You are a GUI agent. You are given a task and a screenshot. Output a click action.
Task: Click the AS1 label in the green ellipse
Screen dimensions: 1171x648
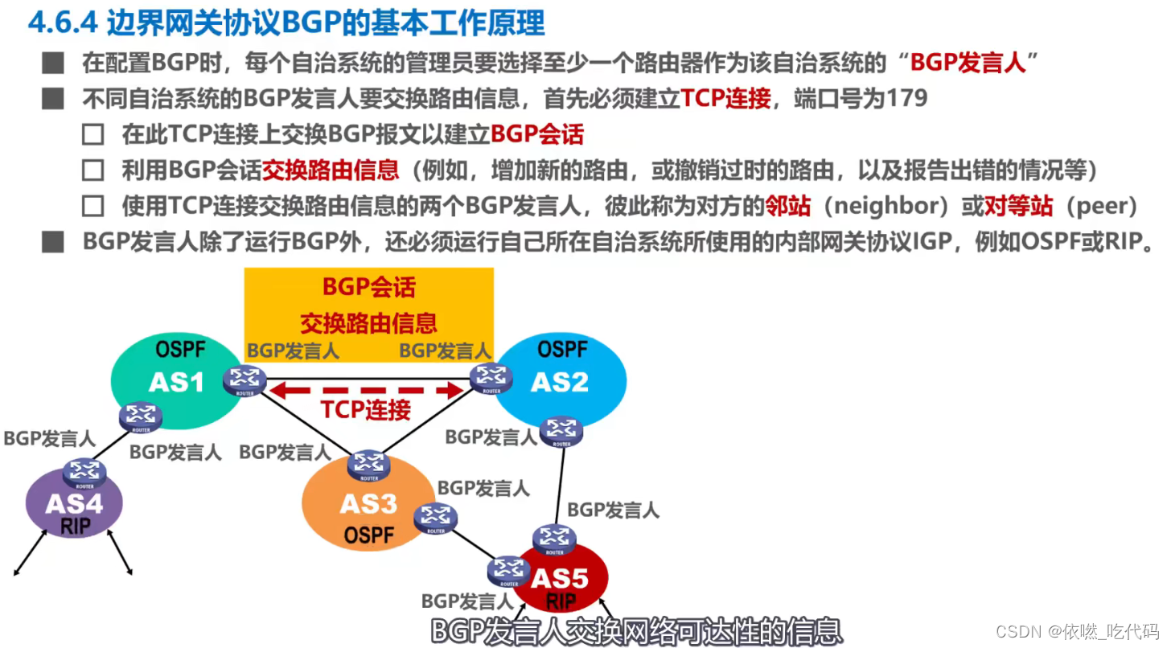pyautogui.click(x=176, y=382)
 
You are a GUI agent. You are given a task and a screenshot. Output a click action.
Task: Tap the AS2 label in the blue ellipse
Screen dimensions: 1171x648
pyautogui.click(x=560, y=381)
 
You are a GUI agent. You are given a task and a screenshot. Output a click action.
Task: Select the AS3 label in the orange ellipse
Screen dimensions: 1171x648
pyautogui.click(x=368, y=504)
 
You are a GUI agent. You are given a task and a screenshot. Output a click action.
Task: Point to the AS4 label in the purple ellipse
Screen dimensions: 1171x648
pyautogui.click(x=74, y=504)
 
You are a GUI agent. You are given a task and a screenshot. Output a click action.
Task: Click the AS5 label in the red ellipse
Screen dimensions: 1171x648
pyautogui.click(x=560, y=578)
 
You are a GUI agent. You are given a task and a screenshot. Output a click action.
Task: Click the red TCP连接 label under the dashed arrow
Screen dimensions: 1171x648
pyautogui.click(x=366, y=410)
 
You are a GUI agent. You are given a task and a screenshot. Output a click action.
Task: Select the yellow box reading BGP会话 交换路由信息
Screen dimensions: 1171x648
pyautogui.click(x=368, y=304)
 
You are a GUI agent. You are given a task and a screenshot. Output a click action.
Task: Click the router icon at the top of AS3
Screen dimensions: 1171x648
pyautogui.click(x=369, y=464)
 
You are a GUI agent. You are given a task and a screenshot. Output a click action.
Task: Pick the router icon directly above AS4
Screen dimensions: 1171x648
pyautogui.click(x=84, y=472)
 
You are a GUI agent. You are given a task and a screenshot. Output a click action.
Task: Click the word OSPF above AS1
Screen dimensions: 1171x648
pyautogui.click(x=181, y=350)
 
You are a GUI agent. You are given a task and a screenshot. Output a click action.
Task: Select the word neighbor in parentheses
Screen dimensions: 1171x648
pyautogui.click(x=886, y=207)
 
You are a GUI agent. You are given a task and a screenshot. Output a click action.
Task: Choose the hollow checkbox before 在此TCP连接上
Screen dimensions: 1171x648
pyautogui.click(x=93, y=134)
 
